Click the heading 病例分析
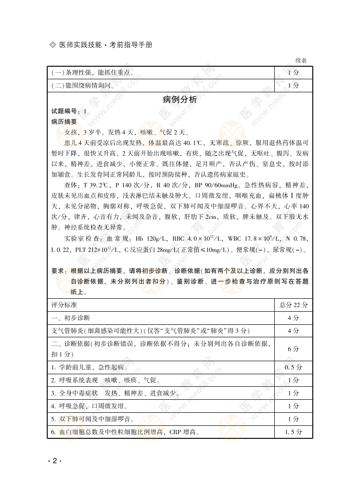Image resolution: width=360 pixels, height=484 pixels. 180,99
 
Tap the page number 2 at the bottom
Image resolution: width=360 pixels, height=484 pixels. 55,461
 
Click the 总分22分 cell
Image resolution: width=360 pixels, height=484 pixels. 293,305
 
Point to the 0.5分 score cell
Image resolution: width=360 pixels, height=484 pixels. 293,367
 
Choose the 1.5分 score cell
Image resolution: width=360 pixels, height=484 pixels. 293,432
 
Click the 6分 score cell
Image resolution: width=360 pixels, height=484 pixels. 293,348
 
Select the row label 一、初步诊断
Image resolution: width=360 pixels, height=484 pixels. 71,317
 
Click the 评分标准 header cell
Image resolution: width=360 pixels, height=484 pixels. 64,305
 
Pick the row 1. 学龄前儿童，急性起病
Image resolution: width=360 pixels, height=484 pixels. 90,367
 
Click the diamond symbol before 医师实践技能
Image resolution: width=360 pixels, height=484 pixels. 52,43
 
